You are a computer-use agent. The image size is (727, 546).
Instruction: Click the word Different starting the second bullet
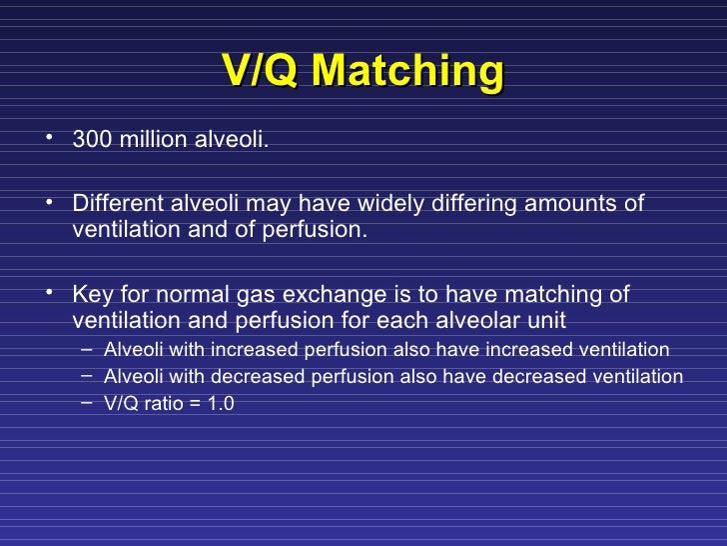click(x=113, y=205)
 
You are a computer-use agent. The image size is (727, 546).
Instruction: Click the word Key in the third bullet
click(x=91, y=294)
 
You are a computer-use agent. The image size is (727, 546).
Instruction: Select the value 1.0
click(x=221, y=405)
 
